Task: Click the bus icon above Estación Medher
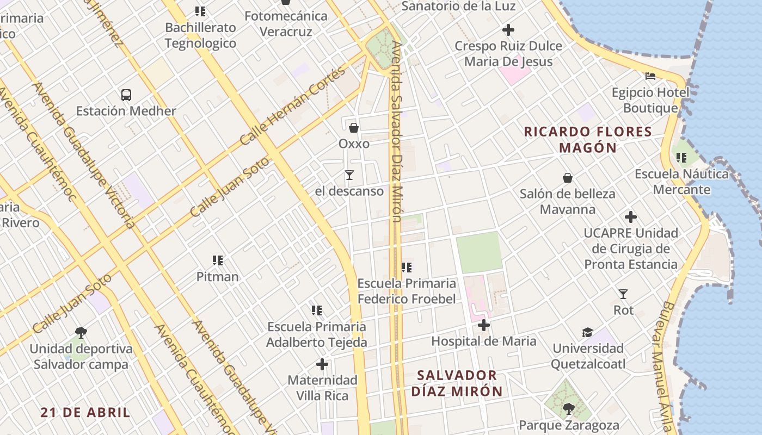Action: pos(126,95)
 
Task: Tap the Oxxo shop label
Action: pos(354,144)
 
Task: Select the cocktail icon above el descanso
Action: pos(349,175)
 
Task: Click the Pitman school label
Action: pos(218,276)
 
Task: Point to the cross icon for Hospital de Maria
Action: pos(483,325)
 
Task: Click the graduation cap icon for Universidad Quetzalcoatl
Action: pos(587,332)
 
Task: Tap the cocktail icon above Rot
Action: pos(623,294)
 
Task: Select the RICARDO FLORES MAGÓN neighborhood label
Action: pos(588,140)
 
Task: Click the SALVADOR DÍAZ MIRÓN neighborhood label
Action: pos(457,383)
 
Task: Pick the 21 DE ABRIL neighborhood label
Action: pos(85,412)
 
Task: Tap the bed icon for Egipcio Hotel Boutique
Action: pos(650,76)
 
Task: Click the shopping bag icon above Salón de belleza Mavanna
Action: pos(567,178)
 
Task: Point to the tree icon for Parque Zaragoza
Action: pos(569,408)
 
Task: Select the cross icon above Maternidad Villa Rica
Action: pos(322,364)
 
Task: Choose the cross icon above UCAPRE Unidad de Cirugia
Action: pos(631,217)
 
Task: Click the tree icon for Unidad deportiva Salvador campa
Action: pos(81,332)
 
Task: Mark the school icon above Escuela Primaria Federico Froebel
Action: pos(407,267)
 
